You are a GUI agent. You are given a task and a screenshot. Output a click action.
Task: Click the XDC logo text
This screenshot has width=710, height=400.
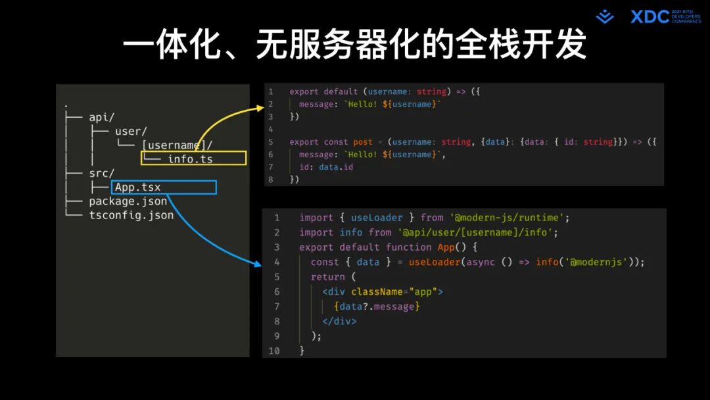[x=650, y=16]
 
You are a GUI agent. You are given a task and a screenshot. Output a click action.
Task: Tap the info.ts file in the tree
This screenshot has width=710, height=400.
[x=190, y=159]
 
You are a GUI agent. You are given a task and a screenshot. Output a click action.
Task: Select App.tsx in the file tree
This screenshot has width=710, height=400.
[x=137, y=187]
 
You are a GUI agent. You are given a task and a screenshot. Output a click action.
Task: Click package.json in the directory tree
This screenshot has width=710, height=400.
[x=128, y=201]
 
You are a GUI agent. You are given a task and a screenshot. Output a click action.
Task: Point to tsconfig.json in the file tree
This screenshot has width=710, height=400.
[x=131, y=215]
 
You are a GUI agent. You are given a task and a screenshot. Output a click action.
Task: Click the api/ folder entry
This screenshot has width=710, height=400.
[x=102, y=117]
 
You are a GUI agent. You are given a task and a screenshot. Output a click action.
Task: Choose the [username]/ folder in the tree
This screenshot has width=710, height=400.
[x=177, y=145]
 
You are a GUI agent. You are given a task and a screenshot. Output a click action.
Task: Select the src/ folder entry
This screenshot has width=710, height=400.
[x=102, y=174]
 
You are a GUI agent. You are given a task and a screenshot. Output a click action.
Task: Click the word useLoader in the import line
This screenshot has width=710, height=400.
[x=377, y=218]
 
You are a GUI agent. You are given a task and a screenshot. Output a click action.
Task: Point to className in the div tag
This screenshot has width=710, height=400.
[x=377, y=291]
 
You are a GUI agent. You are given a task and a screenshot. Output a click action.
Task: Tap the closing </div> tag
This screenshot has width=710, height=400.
[x=339, y=321]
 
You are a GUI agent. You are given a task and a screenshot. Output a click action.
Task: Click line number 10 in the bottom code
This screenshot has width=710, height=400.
[x=274, y=351]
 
